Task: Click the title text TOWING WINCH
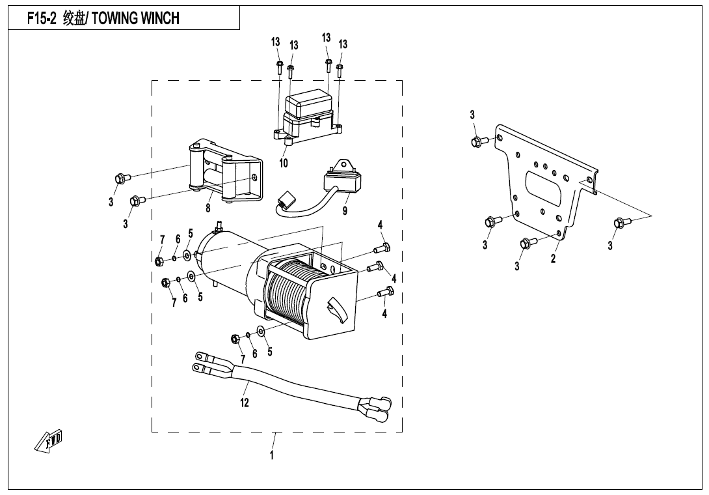[135, 18]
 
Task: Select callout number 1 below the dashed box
[272, 455]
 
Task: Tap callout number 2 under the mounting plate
[553, 259]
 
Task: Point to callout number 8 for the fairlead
[208, 208]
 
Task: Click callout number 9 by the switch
[345, 210]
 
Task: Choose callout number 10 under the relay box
[284, 163]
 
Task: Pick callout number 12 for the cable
[245, 403]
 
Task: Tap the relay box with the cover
[310, 111]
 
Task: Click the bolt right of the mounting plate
[619, 223]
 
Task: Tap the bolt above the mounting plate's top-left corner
[476, 141]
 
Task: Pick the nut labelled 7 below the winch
[235, 339]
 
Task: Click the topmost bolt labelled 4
[384, 247]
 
